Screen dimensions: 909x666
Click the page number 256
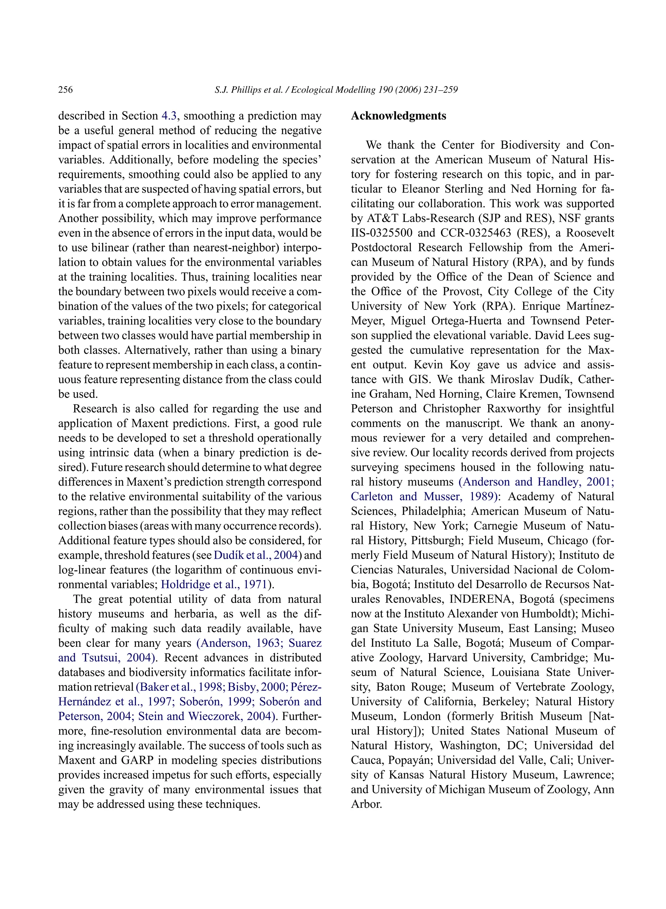pos(65,90)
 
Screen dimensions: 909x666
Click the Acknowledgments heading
pos(398,116)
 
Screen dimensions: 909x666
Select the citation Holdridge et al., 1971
pos(214,584)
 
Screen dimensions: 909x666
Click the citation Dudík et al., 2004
pos(256,555)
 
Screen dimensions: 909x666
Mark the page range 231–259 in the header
pos(441,90)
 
